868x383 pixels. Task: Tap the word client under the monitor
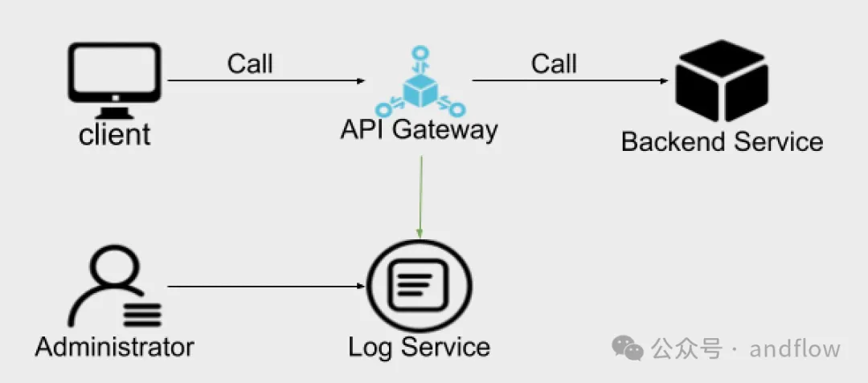(x=115, y=135)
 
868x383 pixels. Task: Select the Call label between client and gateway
(x=250, y=63)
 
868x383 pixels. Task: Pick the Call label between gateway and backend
(x=554, y=63)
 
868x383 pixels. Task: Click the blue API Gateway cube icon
(x=419, y=88)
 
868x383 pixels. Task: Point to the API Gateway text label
(x=418, y=129)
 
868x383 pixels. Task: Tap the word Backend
(x=673, y=142)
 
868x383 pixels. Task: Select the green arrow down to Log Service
(x=420, y=197)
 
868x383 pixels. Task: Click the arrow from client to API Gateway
(x=265, y=81)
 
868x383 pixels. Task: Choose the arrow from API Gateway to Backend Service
(x=571, y=81)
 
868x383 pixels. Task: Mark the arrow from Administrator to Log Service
(x=265, y=285)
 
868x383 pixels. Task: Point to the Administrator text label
(x=115, y=347)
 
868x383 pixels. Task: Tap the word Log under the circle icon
(x=371, y=348)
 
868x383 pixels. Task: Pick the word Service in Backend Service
(x=775, y=142)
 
